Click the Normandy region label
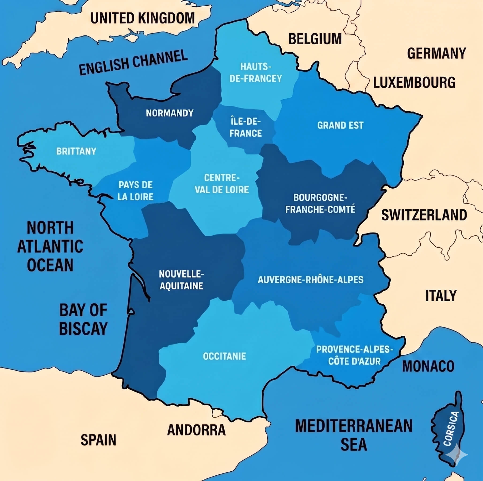[x=170, y=113]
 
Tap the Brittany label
[x=76, y=151]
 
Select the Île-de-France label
[x=245, y=127]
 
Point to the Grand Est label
[x=340, y=125]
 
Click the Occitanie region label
[x=225, y=356]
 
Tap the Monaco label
[x=428, y=366]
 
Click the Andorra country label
[x=196, y=430]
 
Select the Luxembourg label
[x=414, y=82]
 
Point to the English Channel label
[x=133, y=62]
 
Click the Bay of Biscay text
[x=83, y=319]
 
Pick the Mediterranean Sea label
[x=354, y=435]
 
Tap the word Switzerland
[x=424, y=215]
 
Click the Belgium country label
[x=315, y=39]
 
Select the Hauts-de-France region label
[x=256, y=73]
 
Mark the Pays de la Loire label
[x=135, y=191]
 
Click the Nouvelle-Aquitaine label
[x=181, y=280]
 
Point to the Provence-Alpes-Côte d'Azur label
[x=354, y=355]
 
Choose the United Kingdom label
[x=142, y=18]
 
